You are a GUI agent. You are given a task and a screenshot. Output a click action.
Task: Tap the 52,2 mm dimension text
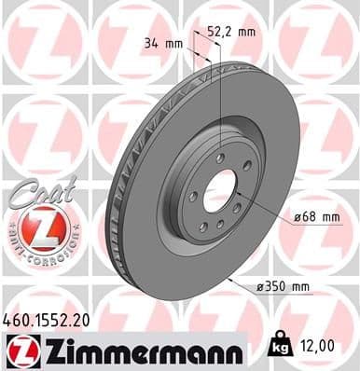(x=230, y=31)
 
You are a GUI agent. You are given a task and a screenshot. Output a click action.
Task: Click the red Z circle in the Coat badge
(x=36, y=227)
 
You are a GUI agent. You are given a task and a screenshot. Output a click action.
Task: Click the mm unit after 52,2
(x=247, y=31)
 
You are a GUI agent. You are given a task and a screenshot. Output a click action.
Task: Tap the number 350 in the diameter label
(x=286, y=286)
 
